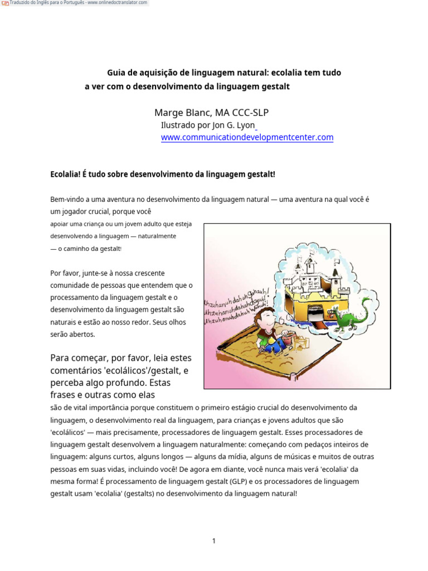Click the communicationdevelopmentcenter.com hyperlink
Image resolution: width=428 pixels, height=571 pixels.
pyautogui.click(x=247, y=137)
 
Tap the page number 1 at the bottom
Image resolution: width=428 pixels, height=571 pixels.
pyautogui.click(x=213, y=540)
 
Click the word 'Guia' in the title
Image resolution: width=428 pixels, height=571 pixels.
pyautogui.click(x=116, y=73)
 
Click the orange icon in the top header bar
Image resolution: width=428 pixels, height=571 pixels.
pyautogui.click(x=5, y=3)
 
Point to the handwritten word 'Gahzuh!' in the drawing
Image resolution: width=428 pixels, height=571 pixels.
pyautogui.click(x=257, y=292)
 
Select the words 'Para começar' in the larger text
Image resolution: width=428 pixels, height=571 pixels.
pyautogui.click(x=78, y=357)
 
